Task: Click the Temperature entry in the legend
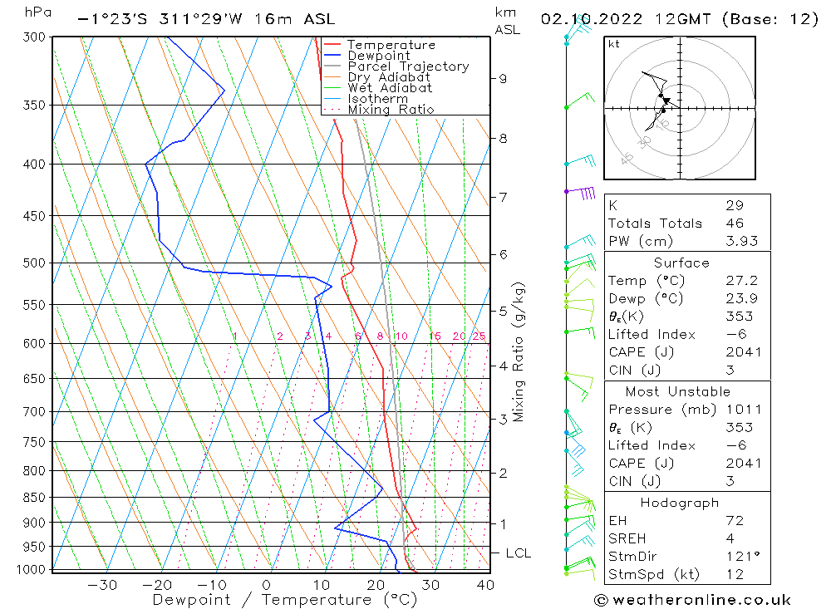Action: coord(391,45)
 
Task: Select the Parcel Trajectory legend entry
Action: coord(408,66)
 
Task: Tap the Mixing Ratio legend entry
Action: coord(391,110)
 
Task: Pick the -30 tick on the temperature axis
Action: coord(101,585)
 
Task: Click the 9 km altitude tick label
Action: coord(503,78)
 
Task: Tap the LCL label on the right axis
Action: coord(518,553)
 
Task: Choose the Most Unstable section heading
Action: coord(678,391)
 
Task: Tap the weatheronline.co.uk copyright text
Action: coord(692,600)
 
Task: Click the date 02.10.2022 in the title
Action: coord(588,19)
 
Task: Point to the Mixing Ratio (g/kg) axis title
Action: coord(519,351)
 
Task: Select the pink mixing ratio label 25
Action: coord(479,336)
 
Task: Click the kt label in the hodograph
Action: coord(614,44)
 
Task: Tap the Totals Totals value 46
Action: coord(735,223)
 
